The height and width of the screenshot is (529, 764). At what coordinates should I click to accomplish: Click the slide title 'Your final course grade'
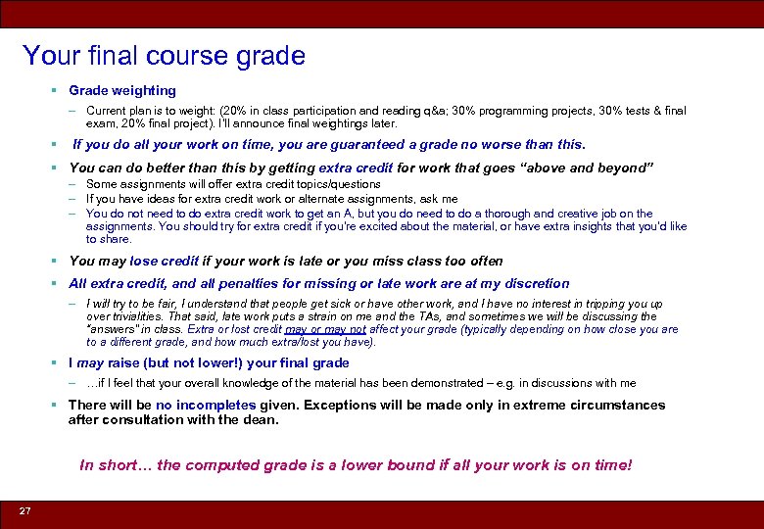tap(164, 56)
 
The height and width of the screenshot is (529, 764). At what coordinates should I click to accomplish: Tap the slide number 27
tap(24, 511)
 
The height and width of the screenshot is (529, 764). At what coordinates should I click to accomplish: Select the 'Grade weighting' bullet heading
tap(122, 90)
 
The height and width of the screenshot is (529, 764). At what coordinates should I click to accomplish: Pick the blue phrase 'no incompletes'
tap(206, 405)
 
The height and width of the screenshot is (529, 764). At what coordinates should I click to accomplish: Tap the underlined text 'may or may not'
tap(325, 329)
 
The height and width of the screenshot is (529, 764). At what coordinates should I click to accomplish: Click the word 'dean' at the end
tap(263, 420)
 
